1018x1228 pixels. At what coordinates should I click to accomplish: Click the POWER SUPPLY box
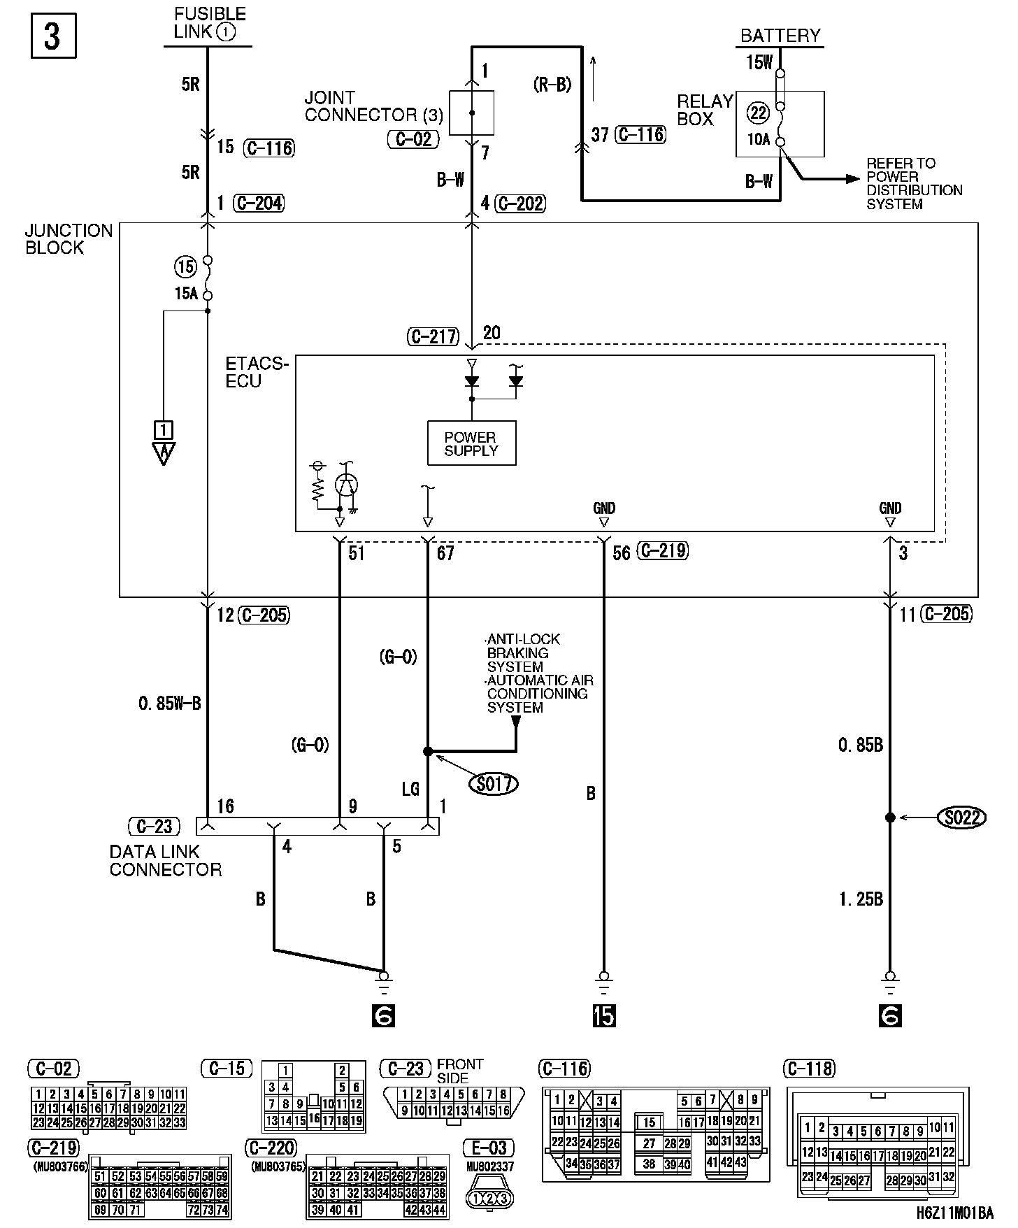coord(471,443)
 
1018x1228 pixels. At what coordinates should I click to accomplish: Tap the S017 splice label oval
coord(494,784)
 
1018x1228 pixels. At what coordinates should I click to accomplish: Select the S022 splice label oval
coord(961,817)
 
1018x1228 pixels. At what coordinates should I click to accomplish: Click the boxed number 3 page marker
coord(53,36)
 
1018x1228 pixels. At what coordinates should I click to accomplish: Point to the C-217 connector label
coord(433,337)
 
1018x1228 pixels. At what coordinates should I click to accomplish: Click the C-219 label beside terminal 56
coord(663,551)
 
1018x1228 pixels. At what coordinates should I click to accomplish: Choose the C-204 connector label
coord(259,203)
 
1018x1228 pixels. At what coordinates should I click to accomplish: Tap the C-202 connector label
coord(520,204)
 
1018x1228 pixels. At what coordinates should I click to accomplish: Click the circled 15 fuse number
coord(185,266)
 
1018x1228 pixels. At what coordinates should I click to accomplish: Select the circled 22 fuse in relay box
coord(758,113)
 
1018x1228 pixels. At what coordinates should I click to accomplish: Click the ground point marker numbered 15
coord(604,1016)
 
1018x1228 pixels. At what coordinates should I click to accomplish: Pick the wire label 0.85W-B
coord(170,704)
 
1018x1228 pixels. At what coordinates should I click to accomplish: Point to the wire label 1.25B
coord(861,899)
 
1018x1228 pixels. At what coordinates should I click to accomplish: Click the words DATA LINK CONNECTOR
coord(165,861)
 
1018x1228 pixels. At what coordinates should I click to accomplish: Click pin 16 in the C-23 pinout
coord(503,1110)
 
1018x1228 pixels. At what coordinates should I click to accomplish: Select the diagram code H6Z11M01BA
coord(955,1213)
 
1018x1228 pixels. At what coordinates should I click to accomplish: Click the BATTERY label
coord(780,36)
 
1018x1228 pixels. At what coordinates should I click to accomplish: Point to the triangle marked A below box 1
coord(164,454)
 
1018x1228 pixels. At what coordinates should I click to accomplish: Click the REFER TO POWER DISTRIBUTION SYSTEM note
coord(914,183)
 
